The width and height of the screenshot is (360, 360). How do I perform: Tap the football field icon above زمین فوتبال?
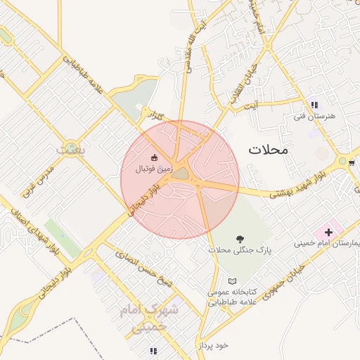(155, 157)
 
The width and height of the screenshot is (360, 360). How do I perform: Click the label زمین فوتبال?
(153, 169)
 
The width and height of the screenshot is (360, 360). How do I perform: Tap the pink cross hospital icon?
(328, 232)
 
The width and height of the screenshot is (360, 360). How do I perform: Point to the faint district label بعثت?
(70, 150)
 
